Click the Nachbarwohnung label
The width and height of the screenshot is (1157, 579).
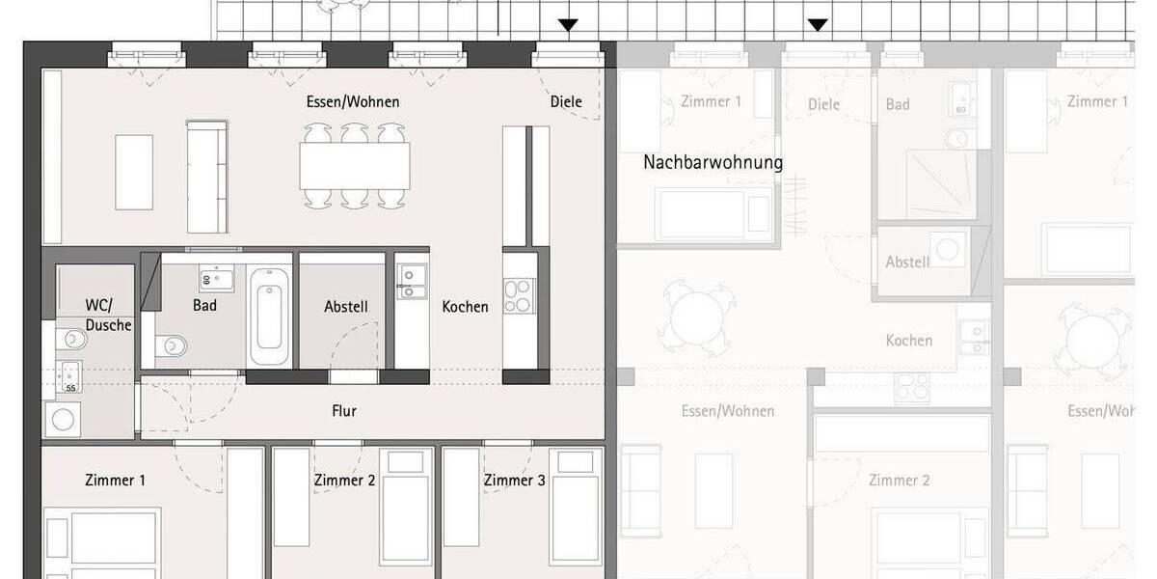[x=713, y=162]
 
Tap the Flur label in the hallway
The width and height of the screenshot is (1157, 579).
[x=344, y=411]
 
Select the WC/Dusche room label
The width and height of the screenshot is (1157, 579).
[x=108, y=316]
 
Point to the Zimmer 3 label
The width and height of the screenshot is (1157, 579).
[x=515, y=480]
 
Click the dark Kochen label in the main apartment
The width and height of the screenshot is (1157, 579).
[x=465, y=307]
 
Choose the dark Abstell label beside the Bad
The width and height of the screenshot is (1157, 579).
[x=345, y=307]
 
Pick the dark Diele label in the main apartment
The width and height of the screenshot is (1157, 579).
[x=566, y=101]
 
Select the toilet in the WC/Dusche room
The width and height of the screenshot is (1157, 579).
[x=69, y=339]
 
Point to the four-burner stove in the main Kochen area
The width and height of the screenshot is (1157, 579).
[x=518, y=295]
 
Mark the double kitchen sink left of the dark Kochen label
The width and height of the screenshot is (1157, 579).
[x=411, y=281]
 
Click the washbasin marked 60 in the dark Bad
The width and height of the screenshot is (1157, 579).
[x=213, y=280]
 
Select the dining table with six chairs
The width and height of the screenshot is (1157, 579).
[x=354, y=165]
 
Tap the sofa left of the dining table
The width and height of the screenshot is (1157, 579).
[x=206, y=176]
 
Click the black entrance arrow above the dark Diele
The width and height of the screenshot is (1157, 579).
[x=568, y=24]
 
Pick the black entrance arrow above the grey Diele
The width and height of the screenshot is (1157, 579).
[x=818, y=24]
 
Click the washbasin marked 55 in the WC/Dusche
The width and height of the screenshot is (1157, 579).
[x=68, y=375]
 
